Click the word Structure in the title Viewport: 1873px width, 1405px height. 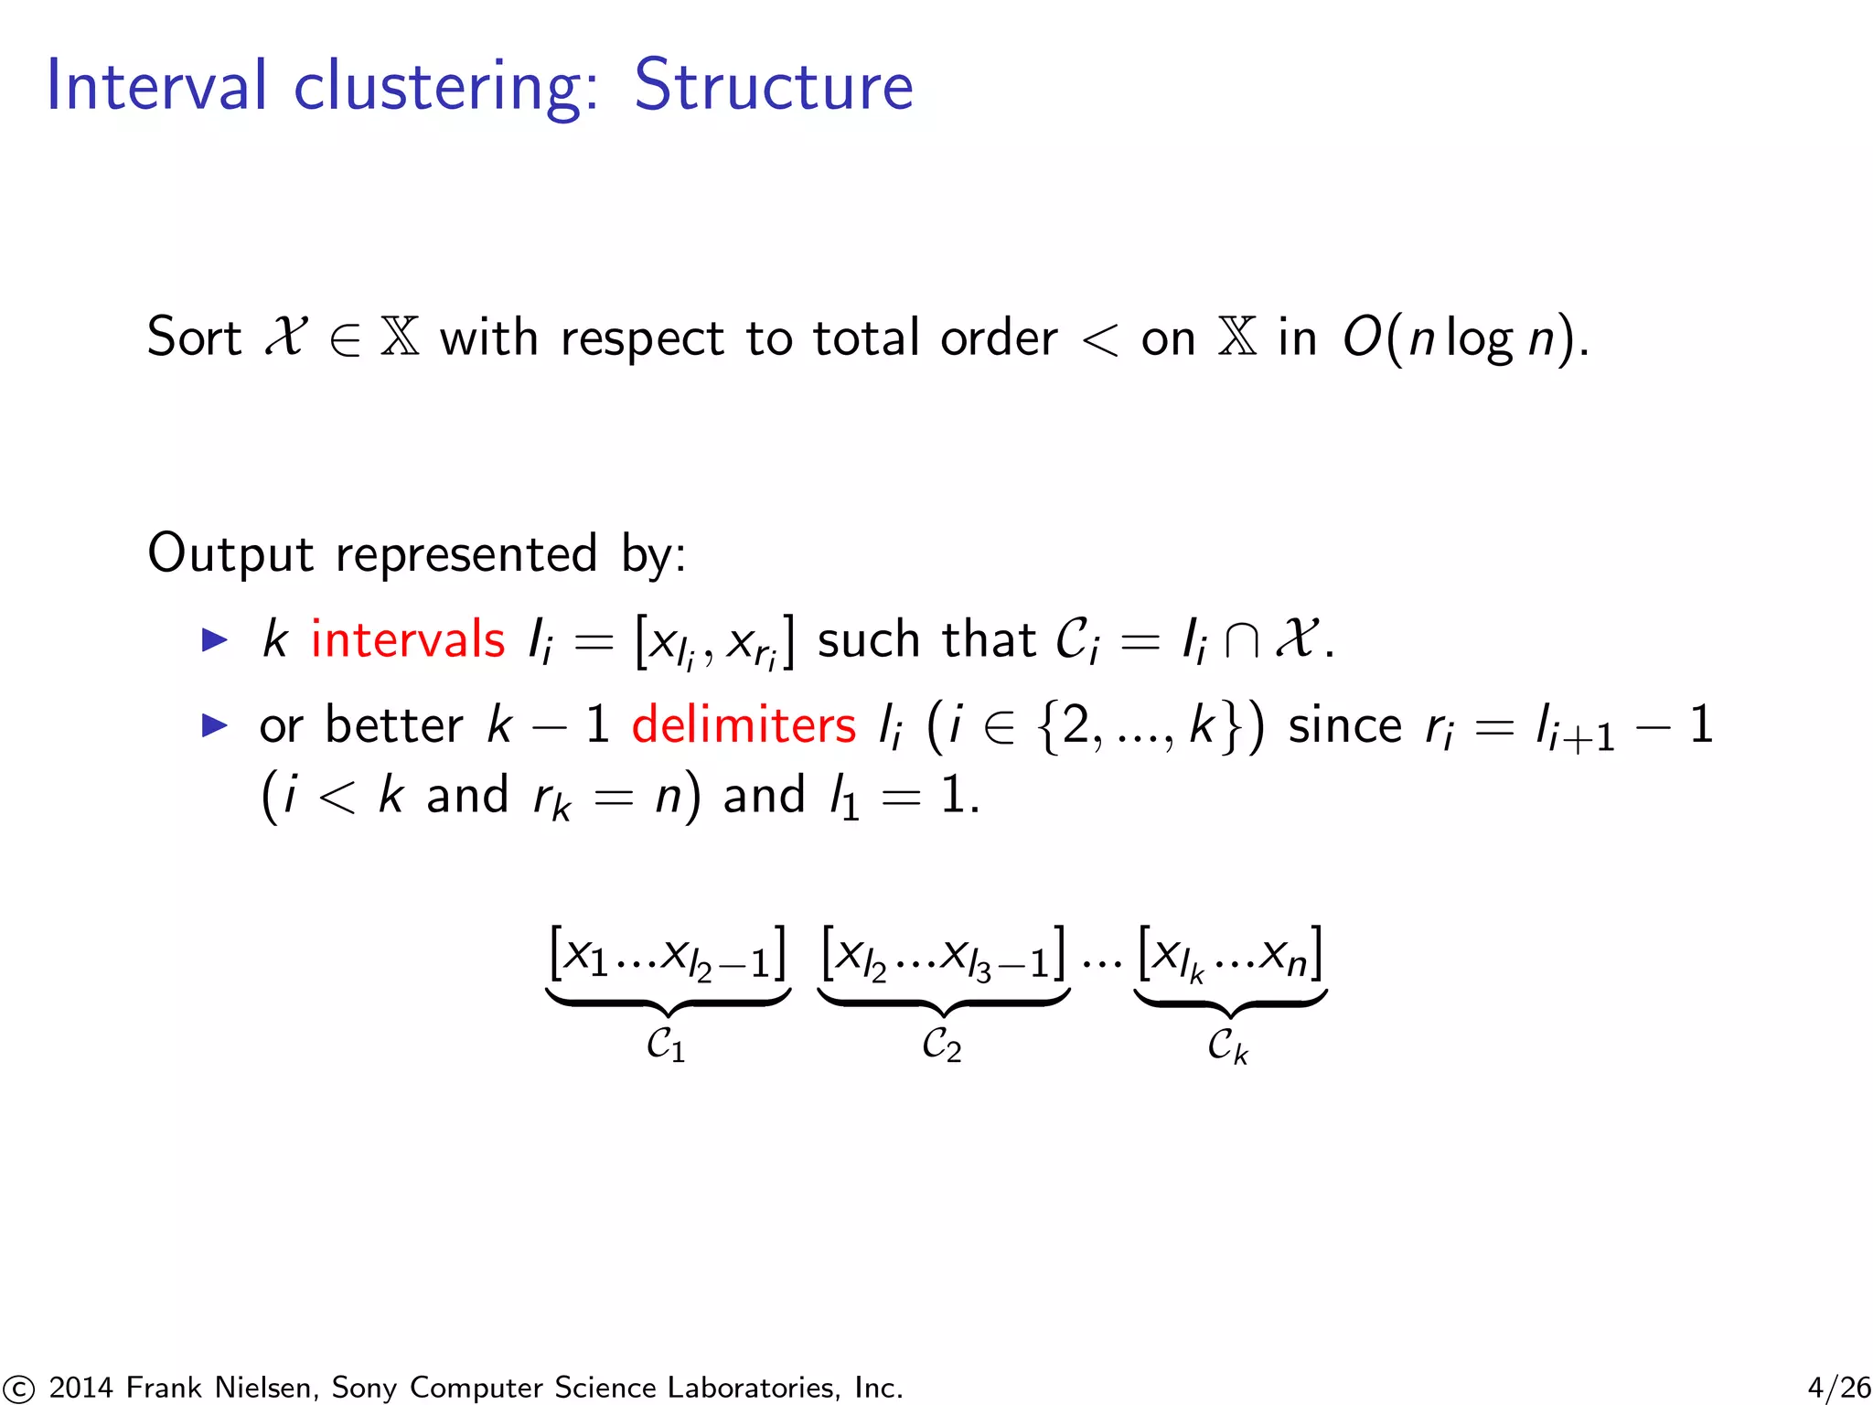[773, 86]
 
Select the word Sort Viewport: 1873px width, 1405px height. [194, 337]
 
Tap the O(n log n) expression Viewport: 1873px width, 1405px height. [1463, 338]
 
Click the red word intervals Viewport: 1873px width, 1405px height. [408, 639]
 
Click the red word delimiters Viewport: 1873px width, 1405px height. [744, 725]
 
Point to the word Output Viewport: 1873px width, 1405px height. [230, 553]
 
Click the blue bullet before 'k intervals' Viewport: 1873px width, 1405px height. [214, 639]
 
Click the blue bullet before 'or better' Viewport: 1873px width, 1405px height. [214, 725]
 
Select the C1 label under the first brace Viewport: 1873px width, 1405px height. [666, 1045]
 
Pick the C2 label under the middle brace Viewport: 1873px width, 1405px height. [942, 1045]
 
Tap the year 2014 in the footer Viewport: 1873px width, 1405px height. [81, 1388]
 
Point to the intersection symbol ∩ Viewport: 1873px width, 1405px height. [1241, 639]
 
